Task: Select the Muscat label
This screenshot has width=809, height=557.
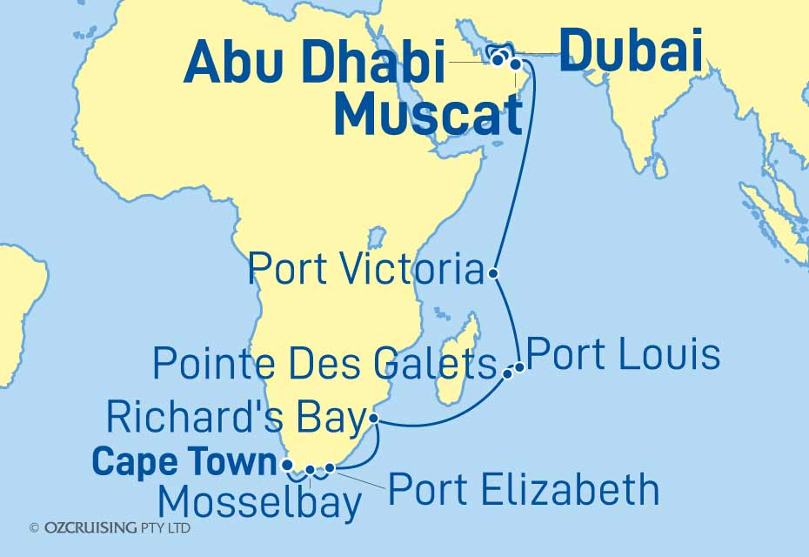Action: click(426, 116)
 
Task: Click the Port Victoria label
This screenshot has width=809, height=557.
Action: click(365, 271)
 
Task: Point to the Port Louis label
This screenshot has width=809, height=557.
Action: click(624, 355)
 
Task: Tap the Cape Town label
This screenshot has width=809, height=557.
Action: click(184, 462)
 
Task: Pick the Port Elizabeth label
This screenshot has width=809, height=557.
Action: click(524, 490)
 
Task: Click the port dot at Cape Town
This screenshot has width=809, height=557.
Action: click(289, 465)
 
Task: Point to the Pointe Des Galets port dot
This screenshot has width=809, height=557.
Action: click(508, 374)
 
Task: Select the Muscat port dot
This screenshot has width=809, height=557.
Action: click(516, 64)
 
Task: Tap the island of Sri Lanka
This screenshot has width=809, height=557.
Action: click(660, 165)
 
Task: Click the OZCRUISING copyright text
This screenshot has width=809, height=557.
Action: click(110, 527)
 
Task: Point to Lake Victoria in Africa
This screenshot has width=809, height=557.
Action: click(376, 237)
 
